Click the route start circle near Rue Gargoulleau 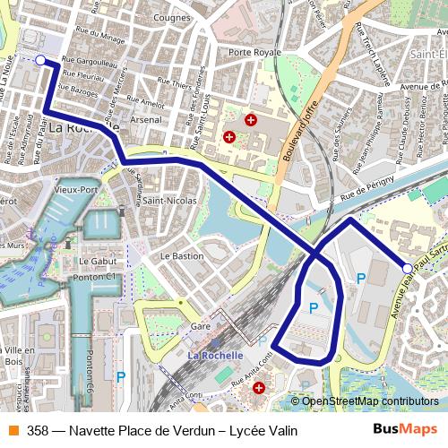point(40,60)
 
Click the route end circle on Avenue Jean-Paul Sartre point(407,268)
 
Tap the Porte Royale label point(254,53)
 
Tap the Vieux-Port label point(75,191)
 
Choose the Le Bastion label point(182,255)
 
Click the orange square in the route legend point(13,431)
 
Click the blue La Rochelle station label point(215,355)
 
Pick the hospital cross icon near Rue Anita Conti point(259,388)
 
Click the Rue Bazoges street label point(77,92)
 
